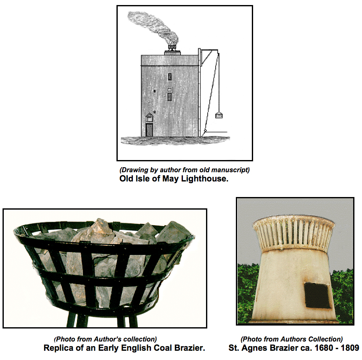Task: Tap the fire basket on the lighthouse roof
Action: click(x=172, y=47)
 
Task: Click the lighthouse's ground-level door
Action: click(x=149, y=130)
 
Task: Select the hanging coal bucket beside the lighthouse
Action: click(x=219, y=116)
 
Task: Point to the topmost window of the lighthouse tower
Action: click(x=170, y=76)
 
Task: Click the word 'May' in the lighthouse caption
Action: click(x=171, y=179)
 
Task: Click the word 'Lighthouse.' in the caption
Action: click(x=205, y=179)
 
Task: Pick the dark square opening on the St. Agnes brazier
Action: click(x=317, y=295)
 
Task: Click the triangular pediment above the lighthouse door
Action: click(x=149, y=115)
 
